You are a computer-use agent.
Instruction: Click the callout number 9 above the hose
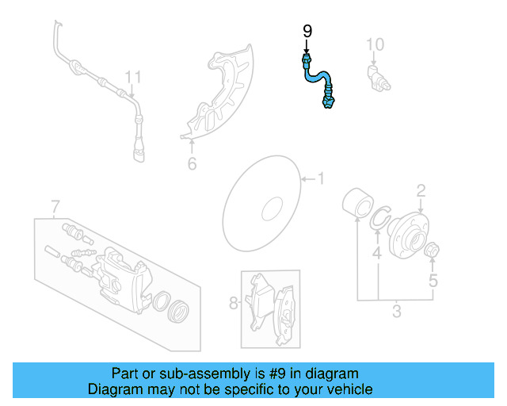point(307,32)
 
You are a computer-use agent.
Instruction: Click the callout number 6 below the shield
point(191,164)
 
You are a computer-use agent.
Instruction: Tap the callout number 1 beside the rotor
point(321,178)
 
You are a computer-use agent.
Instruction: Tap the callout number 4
point(377,254)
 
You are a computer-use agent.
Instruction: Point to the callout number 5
point(433,280)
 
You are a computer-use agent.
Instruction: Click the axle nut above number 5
point(433,253)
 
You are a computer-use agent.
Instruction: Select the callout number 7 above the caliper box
point(55,208)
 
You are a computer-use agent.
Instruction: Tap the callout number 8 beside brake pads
point(233,302)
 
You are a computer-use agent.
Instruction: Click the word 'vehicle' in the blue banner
point(350,389)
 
